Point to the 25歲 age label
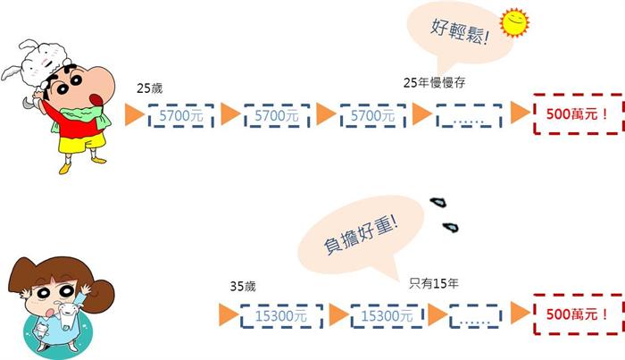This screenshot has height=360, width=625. click(150, 89)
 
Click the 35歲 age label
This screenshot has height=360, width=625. click(243, 287)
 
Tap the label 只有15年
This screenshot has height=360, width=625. click(434, 284)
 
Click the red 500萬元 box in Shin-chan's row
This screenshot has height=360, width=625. click(577, 114)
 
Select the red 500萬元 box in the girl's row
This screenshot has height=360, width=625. click(577, 314)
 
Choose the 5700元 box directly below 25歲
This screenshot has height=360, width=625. click(181, 116)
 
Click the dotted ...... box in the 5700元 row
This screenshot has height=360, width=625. click(468, 116)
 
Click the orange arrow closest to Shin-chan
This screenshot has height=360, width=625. click(134, 114)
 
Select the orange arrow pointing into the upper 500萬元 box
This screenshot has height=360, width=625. click(519, 113)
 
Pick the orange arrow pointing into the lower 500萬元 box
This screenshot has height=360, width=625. click(519, 314)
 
